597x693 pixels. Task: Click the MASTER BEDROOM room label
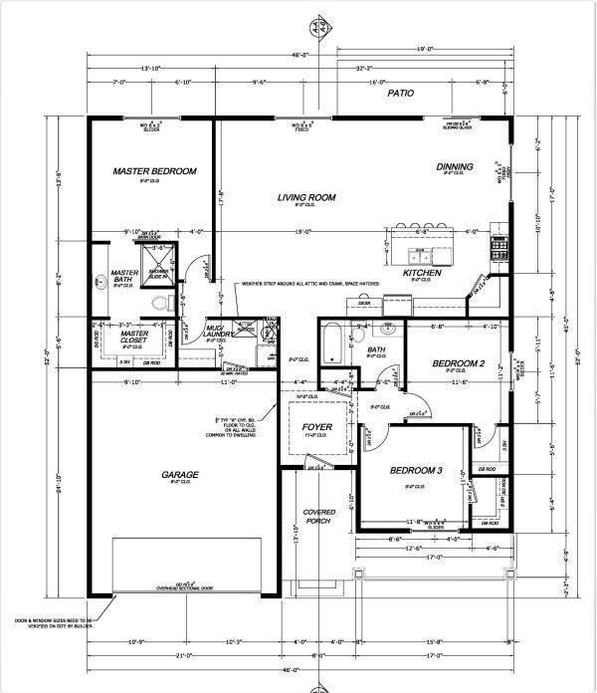pyautogui.click(x=154, y=171)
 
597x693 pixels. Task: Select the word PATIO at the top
pyautogui.click(x=401, y=93)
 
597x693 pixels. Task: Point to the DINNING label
pyautogui.click(x=454, y=166)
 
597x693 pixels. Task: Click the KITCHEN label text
pyautogui.click(x=422, y=273)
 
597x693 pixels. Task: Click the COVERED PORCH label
pyautogui.click(x=317, y=517)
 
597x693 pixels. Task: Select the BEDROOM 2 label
pyautogui.click(x=458, y=364)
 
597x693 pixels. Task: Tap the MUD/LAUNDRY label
pyautogui.click(x=219, y=332)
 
